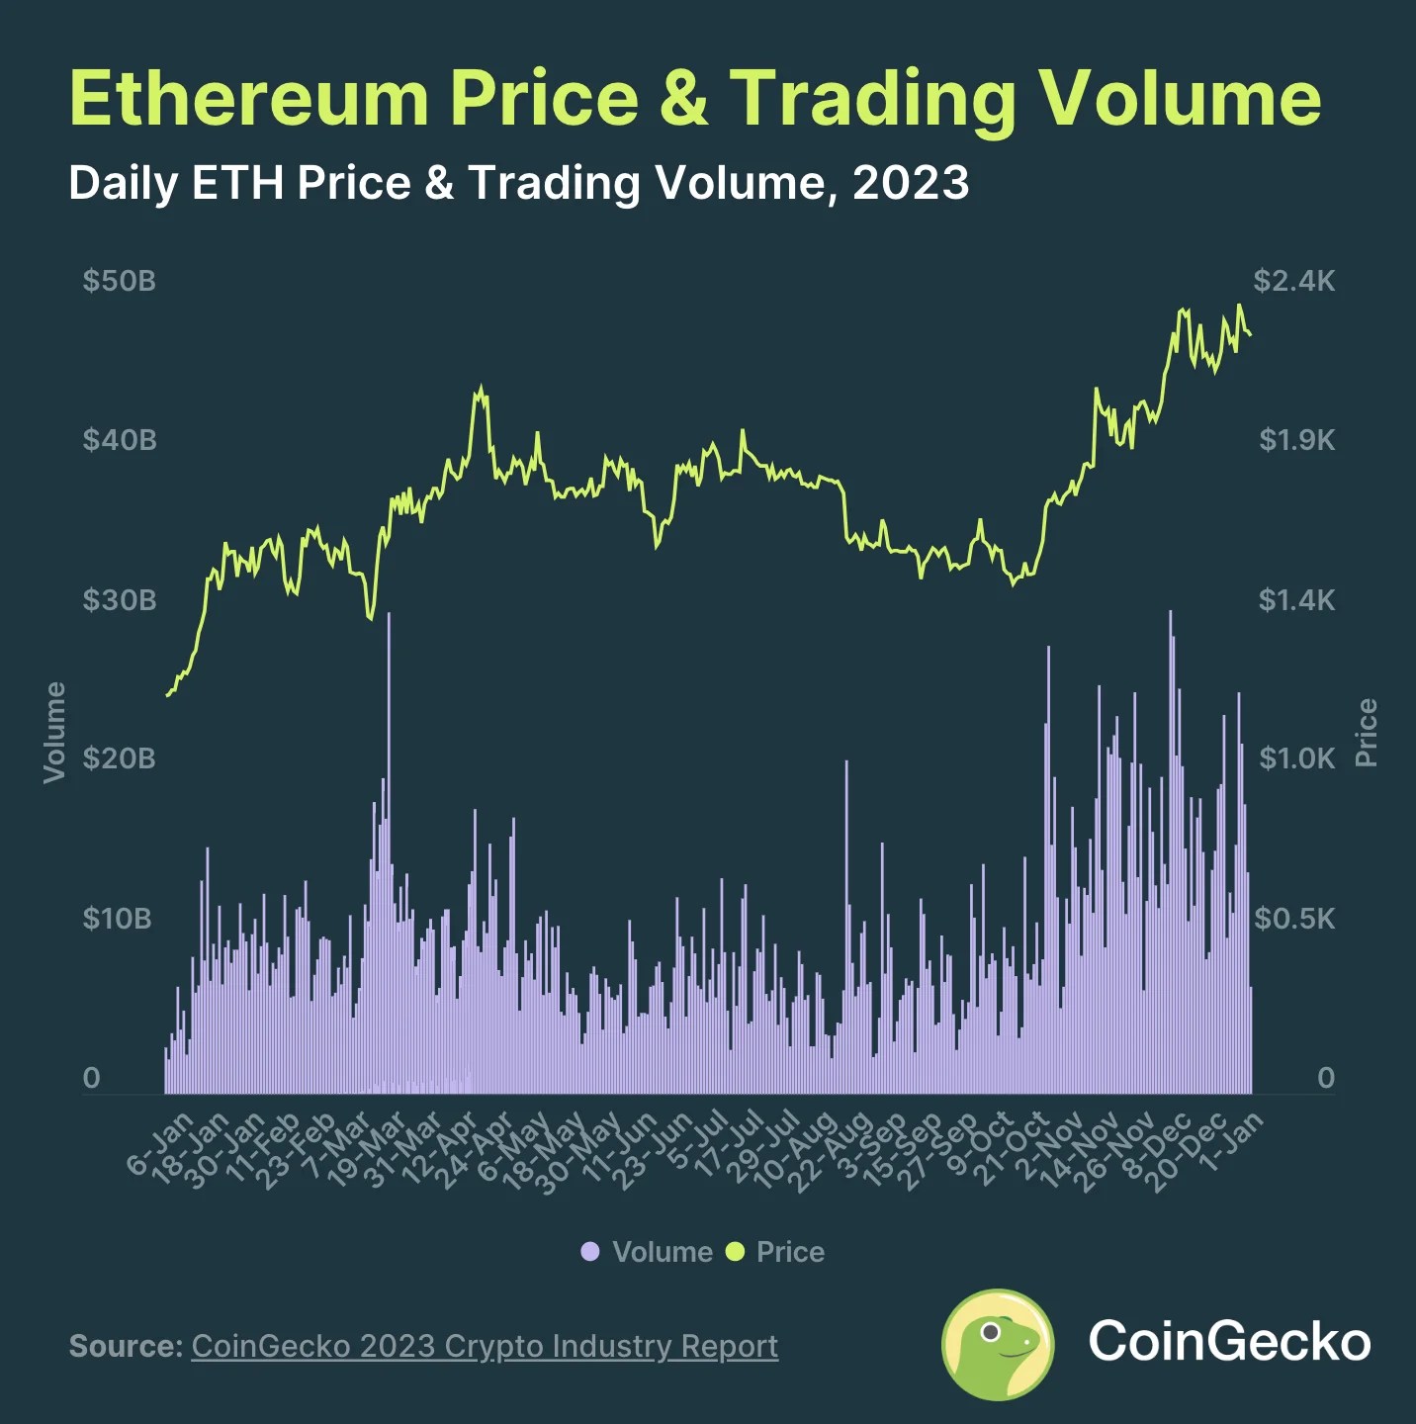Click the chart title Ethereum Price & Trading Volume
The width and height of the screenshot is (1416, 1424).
pos(694,98)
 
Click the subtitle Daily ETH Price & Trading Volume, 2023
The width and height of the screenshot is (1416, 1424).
pos(518,183)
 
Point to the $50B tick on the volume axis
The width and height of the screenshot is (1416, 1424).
pos(119,281)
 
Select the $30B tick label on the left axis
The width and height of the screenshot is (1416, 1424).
pos(119,600)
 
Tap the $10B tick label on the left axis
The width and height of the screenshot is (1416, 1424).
pos(117,919)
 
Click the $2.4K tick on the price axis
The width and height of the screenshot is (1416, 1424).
pos(1293,281)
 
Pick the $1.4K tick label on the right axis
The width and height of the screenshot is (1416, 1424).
pos(1295,600)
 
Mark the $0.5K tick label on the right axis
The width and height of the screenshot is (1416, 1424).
pos(1293,919)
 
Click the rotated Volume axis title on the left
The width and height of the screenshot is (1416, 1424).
pos(54,732)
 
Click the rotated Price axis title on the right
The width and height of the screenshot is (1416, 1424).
pos(1366,732)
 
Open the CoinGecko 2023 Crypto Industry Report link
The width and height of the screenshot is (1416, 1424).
pos(485,1346)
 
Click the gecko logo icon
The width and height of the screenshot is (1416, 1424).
pos(998,1344)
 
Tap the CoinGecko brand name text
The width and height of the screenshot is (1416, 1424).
pos(1229,1341)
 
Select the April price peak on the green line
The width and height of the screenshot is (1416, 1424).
pos(481,389)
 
